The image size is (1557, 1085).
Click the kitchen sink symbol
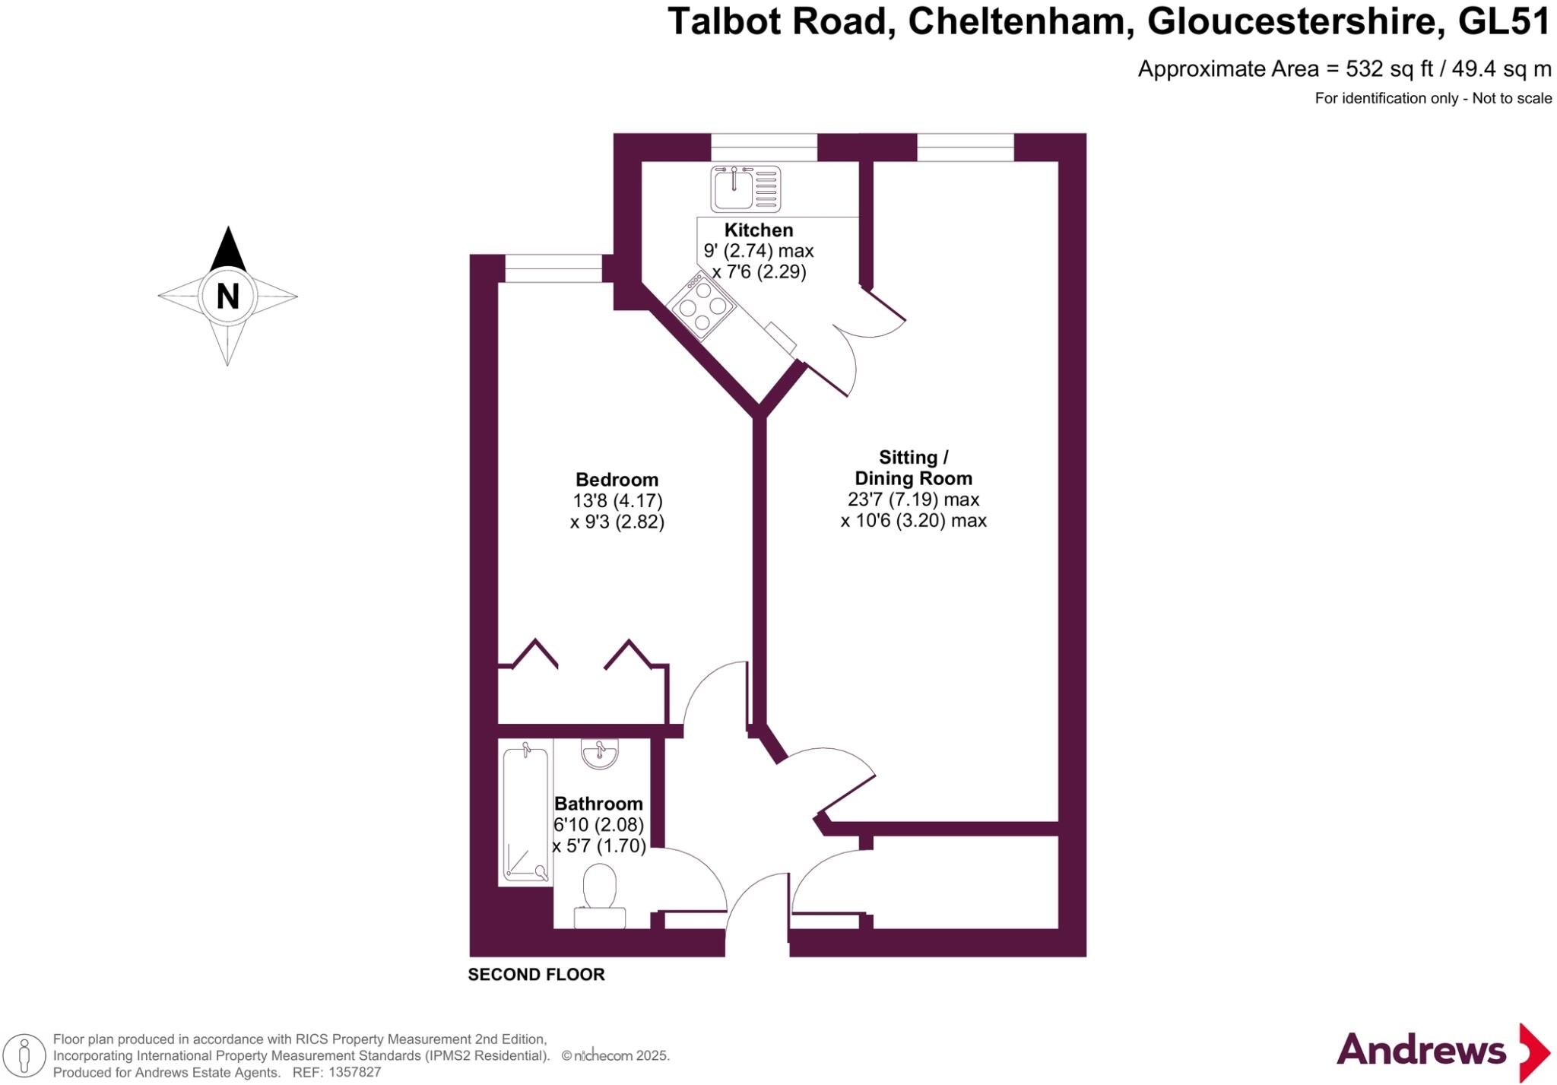click(745, 189)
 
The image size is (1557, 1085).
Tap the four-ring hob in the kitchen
click(701, 307)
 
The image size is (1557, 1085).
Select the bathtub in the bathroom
click(525, 816)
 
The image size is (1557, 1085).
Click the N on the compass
click(227, 297)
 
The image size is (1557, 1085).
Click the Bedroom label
click(617, 480)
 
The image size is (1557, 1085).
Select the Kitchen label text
click(758, 230)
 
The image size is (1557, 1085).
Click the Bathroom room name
click(598, 804)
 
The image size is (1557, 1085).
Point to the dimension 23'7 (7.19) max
click(913, 500)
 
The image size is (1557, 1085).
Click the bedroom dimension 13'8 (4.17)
click(617, 501)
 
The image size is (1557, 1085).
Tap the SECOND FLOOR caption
click(536, 975)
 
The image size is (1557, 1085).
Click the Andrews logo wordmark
click(1420, 1051)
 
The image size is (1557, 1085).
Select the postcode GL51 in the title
click(1504, 21)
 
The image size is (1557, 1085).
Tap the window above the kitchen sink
click(763, 147)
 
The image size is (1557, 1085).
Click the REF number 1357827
click(353, 1073)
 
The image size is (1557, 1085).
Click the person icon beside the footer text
click(24, 1056)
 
